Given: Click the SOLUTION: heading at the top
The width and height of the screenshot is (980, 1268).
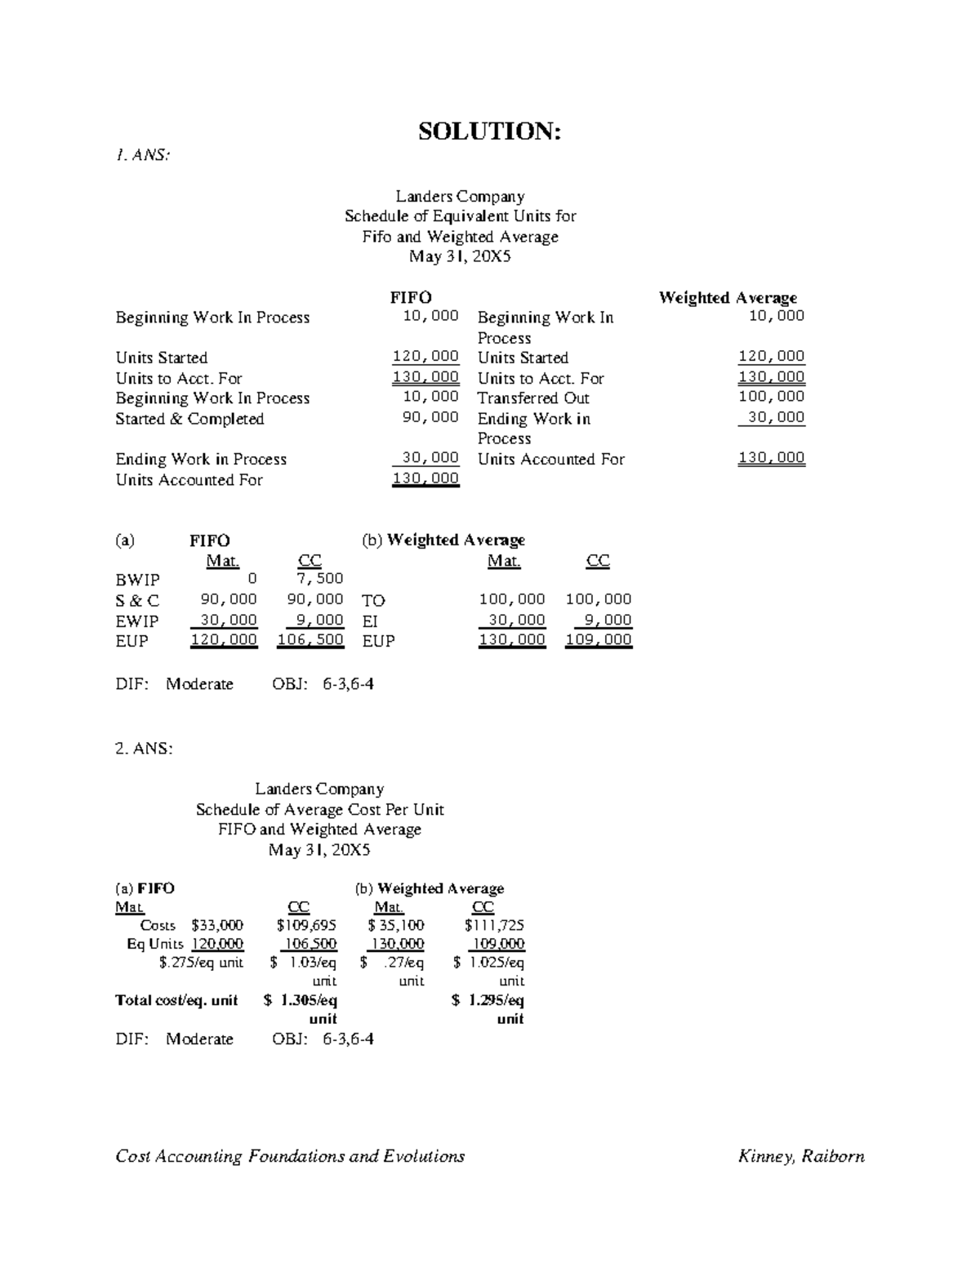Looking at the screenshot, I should click(489, 131).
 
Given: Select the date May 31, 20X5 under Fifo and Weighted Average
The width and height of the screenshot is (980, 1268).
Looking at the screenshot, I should click(460, 256).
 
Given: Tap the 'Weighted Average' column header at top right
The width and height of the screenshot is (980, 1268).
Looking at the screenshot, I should click(728, 297).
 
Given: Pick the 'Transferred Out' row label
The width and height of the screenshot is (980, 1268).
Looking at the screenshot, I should click(533, 398).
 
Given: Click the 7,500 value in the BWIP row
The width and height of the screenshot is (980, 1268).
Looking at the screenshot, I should click(320, 579).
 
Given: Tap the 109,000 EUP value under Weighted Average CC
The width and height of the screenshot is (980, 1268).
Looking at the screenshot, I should click(599, 640).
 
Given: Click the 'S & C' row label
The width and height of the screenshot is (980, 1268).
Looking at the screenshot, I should click(137, 600).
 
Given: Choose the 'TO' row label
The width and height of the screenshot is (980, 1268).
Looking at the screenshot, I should click(373, 600).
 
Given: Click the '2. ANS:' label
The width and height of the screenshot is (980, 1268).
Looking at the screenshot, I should click(144, 748).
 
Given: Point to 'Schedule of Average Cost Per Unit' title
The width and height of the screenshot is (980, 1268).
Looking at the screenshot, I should click(319, 809).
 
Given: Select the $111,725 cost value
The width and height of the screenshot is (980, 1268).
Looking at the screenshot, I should click(494, 925).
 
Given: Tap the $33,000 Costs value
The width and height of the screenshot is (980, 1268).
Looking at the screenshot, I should click(216, 925).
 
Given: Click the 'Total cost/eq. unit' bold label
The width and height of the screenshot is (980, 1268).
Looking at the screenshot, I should click(176, 1000).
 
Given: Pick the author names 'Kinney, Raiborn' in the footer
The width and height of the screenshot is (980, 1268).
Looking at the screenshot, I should click(801, 1156).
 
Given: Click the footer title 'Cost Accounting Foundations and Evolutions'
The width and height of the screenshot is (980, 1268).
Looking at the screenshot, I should click(290, 1156).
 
